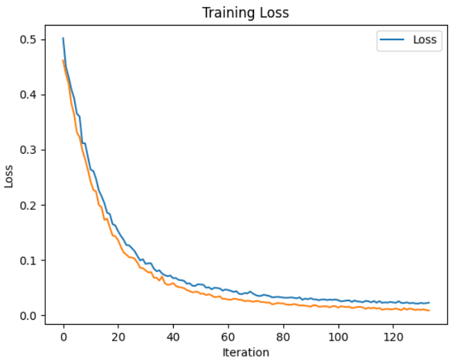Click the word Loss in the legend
[x=424, y=39]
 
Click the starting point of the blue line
[x=63, y=38]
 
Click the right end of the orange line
[x=429, y=310]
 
